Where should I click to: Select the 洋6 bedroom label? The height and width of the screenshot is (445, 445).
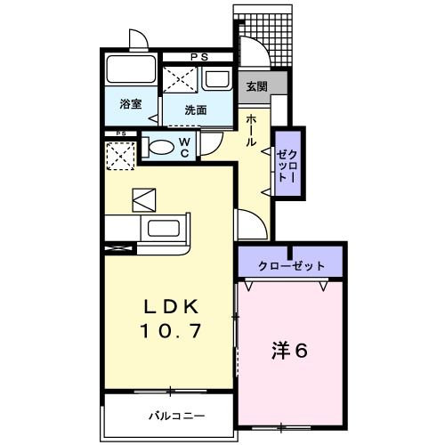289,350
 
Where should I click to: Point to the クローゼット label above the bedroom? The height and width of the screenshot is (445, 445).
291,266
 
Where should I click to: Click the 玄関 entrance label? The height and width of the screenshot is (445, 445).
257,86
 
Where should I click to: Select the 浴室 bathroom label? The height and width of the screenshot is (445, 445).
131,104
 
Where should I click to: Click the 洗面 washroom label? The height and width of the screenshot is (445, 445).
196,110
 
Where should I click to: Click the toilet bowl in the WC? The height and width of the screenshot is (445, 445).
161,147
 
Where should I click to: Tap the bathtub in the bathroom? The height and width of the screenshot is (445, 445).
131,71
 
